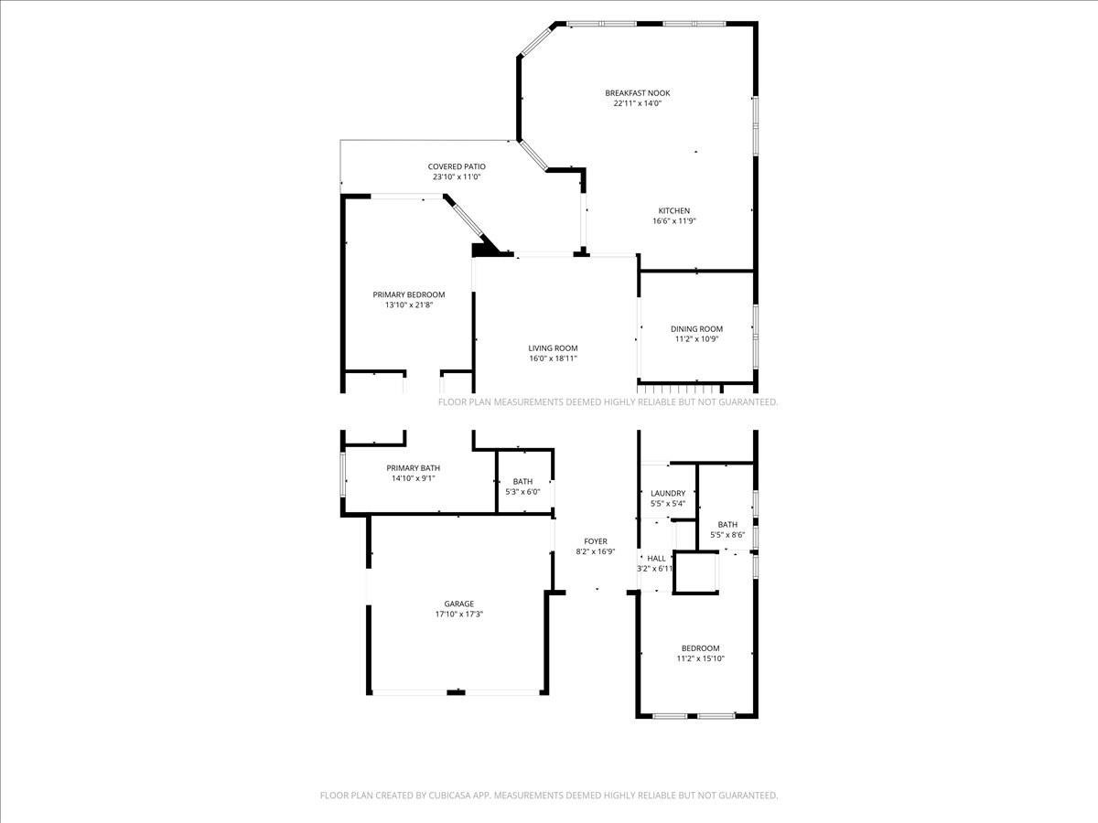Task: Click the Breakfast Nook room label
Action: coord(637,92)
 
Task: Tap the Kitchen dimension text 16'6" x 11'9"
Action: coord(674,221)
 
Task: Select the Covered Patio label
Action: coord(456,166)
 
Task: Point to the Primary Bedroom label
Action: coord(408,294)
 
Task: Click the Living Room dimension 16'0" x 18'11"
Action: coord(553,358)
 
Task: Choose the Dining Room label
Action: coord(696,329)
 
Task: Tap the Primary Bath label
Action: coord(413,468)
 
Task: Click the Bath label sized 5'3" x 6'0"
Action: coord(522,481)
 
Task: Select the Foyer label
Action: coord(596,541)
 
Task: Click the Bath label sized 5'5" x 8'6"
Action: coord(727,524)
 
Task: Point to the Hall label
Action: coord(656,558)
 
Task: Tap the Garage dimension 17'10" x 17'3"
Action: coord(459,615)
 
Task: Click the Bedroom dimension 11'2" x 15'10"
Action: coord(700,658)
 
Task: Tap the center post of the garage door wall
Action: coord(456,692)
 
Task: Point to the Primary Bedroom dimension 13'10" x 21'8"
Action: coord(408,305)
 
